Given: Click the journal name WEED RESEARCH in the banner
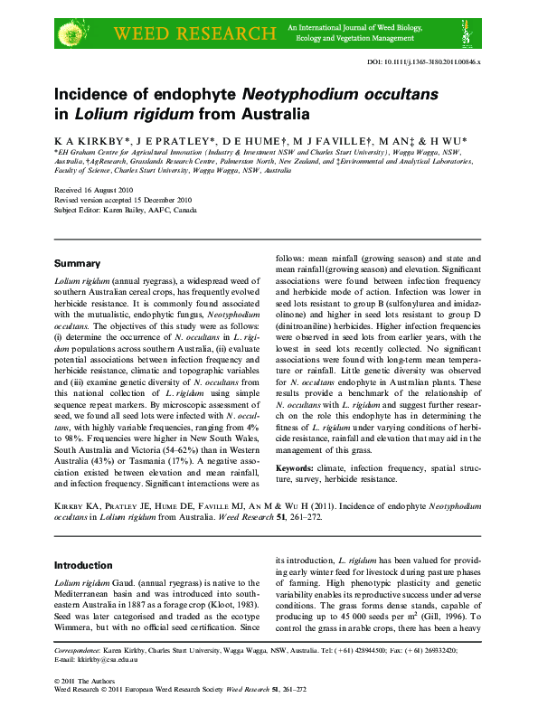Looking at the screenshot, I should (193, 34).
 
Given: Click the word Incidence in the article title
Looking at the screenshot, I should (102, 94).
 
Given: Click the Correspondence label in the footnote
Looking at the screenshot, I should (77, 650).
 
